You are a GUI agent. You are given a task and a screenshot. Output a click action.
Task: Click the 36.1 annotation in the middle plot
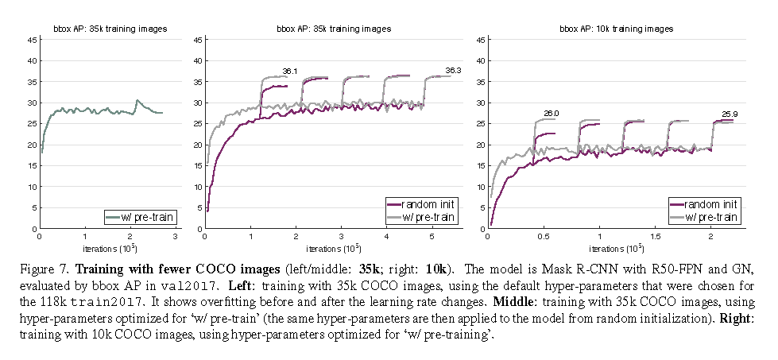(290, 72)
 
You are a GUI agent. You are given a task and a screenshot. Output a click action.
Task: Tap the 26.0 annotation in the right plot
(552, 114)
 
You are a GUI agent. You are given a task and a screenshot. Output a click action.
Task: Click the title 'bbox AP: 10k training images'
(614, 29)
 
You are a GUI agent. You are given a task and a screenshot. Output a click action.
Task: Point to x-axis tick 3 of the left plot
(176, 236)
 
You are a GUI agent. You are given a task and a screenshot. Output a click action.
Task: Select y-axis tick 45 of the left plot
(33, 39)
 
